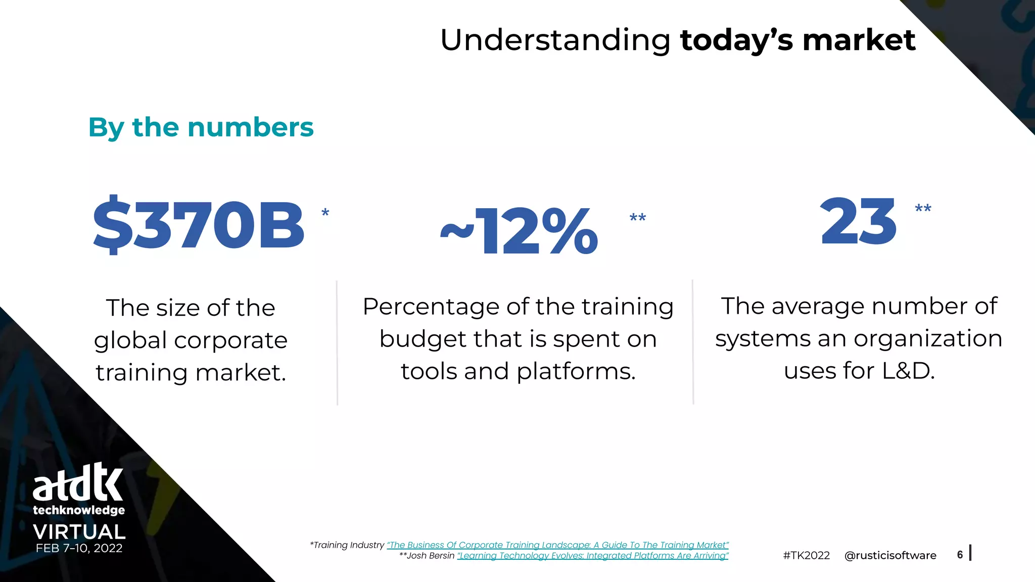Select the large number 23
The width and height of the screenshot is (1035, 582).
click(858, 221)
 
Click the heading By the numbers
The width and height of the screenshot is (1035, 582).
click(201, 127)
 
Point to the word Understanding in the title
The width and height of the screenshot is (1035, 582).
click(555, 40)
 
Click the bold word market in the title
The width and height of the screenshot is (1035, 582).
click(859, 40)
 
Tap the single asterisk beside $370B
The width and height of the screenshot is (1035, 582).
click(325, 213)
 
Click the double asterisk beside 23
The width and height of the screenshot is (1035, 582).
click(923, 209)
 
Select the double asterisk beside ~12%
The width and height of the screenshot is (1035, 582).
click(637, 219)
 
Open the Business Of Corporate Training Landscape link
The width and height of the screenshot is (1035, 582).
click(557, 545)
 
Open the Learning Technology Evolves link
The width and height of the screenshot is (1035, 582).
click(592, 556)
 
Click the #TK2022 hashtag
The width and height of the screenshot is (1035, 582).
click(806, 556)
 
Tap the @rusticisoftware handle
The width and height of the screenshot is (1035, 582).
click(890, 556)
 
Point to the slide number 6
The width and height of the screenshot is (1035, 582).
click(960, 555)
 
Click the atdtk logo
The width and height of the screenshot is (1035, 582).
click(78, 482)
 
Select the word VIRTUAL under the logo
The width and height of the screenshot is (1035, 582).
click(79, 532)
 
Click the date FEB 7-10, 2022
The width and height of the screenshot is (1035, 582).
click(79, 549)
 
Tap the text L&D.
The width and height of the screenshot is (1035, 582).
click(908, 371)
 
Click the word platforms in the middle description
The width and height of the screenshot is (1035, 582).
click(576, 371)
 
